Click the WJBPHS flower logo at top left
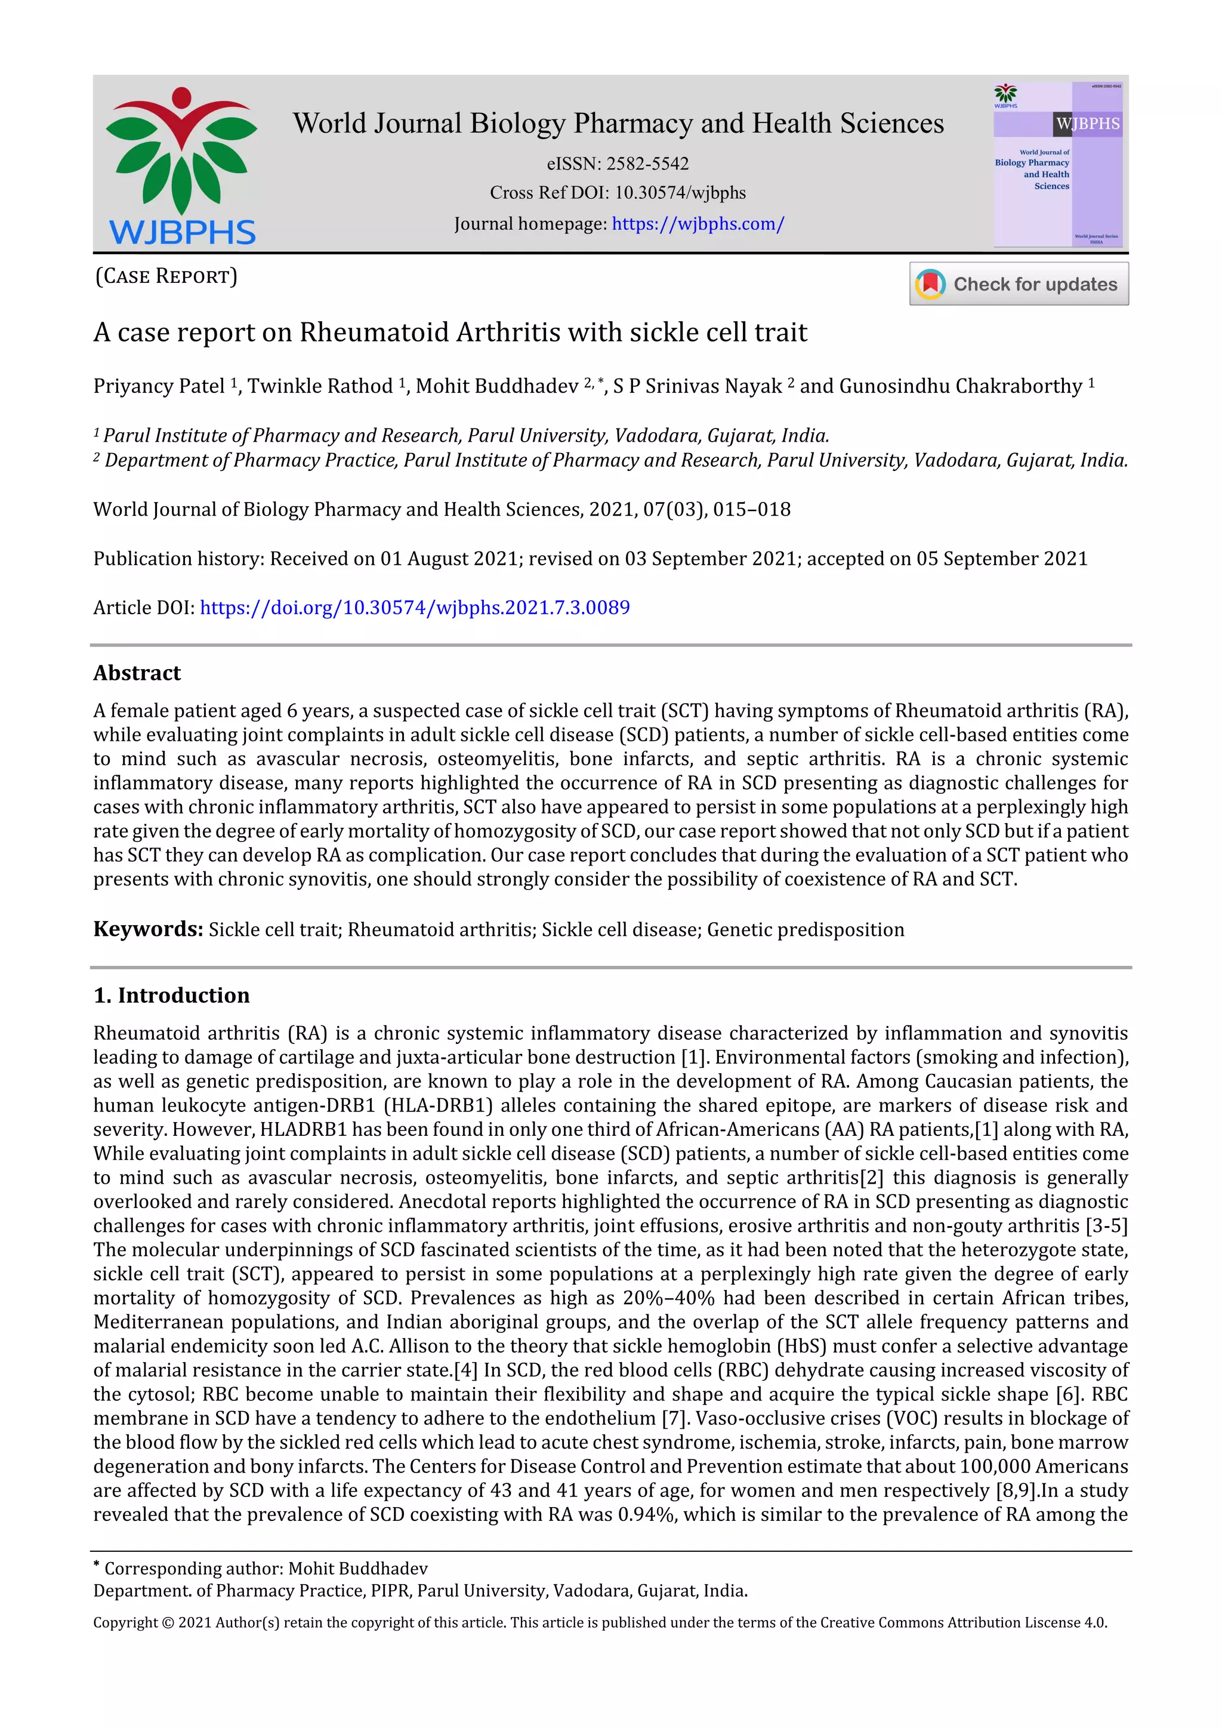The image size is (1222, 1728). tap(181, 165)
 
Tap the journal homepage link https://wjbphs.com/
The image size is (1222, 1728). tap(698, 224)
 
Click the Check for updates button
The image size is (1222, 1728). tap(1019, 284)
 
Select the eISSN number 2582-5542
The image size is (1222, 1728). tap(647, 164)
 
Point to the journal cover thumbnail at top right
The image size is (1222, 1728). tap(1058, 164)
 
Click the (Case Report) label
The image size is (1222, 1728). tap(166, 276)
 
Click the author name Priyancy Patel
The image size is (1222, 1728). tap(159, 386)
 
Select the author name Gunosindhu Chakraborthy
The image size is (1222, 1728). tap(960, 386)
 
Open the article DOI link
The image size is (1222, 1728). tap(415, 608)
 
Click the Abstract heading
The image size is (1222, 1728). tap(137, 673)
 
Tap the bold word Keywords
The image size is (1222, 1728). tap(148, 929)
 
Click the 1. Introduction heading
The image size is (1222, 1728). tap(172, 995)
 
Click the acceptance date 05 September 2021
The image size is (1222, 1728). tap(1002, 559)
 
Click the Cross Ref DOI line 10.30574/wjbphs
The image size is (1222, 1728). tap(618, 193)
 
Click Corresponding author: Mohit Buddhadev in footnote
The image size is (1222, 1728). tap(266, 1569)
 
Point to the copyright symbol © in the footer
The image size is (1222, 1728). tap(167, 1622)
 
